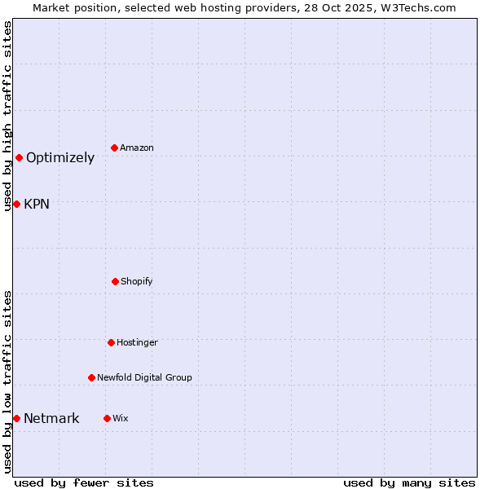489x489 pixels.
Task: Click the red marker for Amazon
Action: point(115,148)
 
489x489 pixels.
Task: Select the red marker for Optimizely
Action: point(19,157)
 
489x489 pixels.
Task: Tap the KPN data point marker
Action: point(16,204)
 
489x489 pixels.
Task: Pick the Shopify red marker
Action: point(115,281)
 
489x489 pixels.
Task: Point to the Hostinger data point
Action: point(111,342)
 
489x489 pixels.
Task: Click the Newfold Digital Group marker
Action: point(91,377)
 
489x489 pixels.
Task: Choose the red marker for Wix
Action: point(107,418)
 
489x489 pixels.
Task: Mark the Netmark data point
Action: point(16,418)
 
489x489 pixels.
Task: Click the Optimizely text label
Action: point(60,158)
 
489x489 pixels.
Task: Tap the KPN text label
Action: point(37,205)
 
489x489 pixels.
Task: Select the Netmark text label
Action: point(51,419)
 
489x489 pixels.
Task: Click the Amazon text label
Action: point(137,148)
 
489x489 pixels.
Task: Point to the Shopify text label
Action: point(137,282)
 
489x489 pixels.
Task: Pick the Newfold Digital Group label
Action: point(144,378)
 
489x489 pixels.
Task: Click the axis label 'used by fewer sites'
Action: point(84,482)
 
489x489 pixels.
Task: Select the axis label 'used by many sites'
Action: point(409,482)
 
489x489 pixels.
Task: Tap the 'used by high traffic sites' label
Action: point(8,116)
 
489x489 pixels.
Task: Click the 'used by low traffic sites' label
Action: point(8,381)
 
